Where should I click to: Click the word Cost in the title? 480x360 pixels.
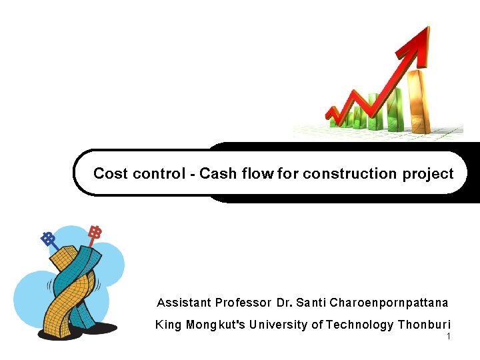click(x=111, y=174)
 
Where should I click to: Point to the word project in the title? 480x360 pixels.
click(x=427, y=175)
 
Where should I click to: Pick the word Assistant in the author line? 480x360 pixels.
click(x=183, y=303)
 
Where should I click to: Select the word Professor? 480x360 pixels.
click(x=243, y=303)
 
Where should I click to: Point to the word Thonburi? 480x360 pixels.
click(x=424, y=325)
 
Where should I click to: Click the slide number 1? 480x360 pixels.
click(x=449, y=337)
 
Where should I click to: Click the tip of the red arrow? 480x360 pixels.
click(x=425, y=30)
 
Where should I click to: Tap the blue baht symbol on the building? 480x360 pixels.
click(x=47, y=238)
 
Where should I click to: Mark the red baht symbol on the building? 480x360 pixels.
click(x=95, y=233)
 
